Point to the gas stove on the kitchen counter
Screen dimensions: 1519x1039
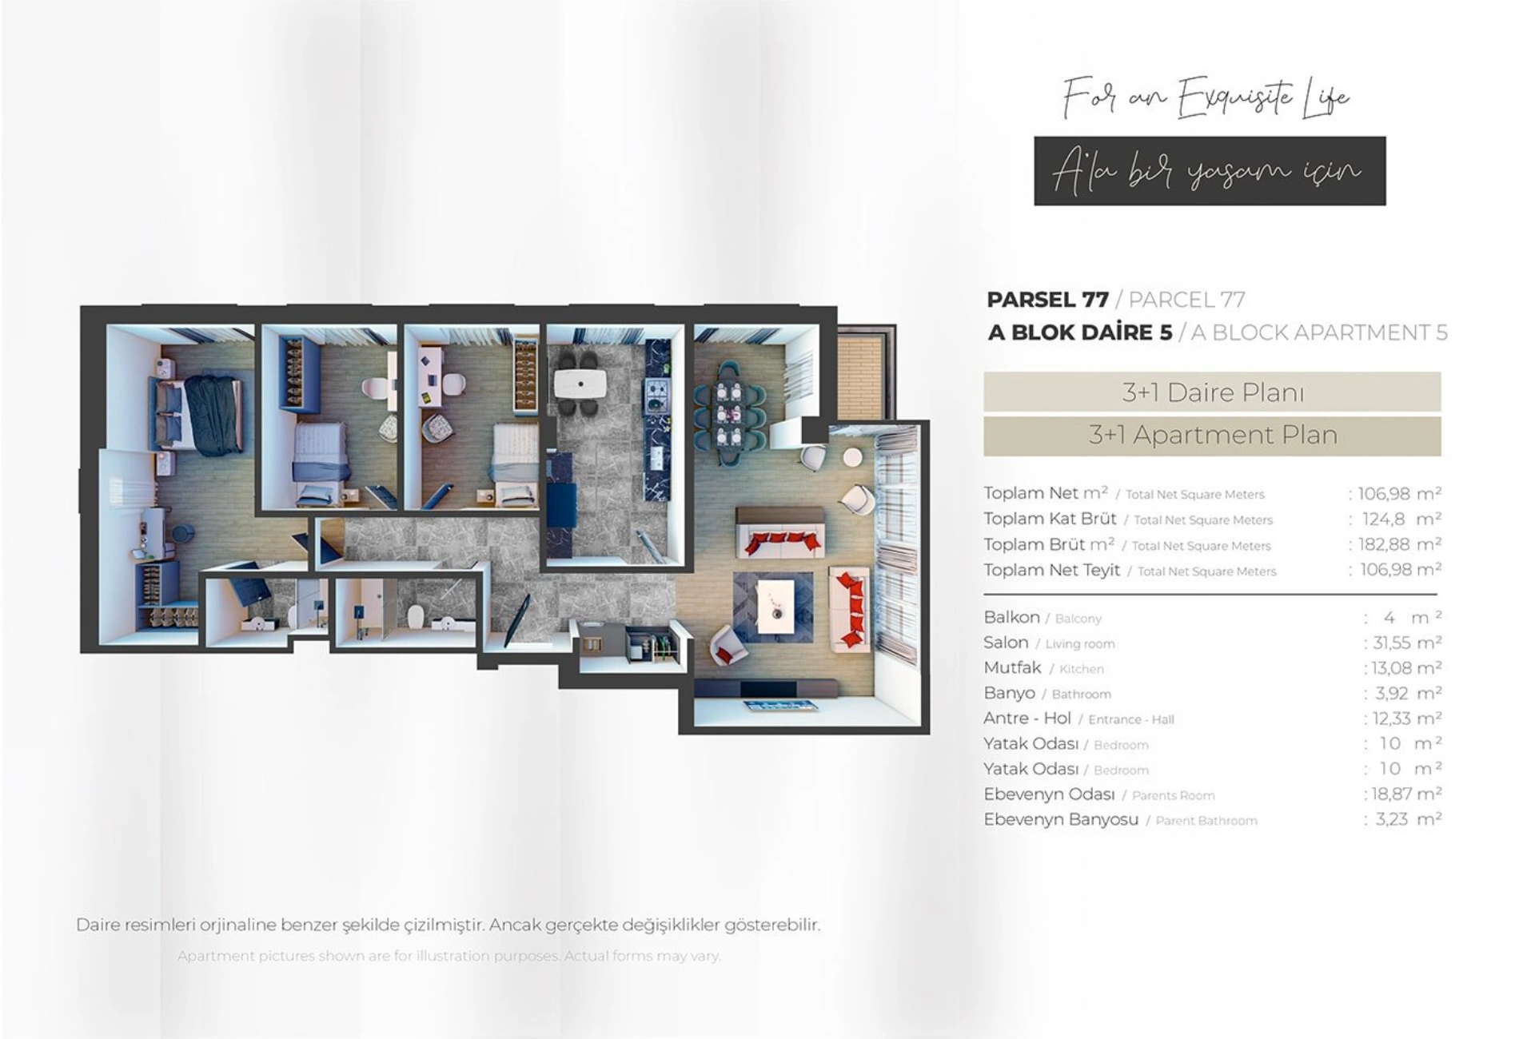click(658, 392)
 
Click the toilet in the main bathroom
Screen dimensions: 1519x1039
click(415, 618)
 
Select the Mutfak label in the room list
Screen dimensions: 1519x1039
click(1012, 667)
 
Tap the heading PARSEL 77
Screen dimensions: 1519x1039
click(1047, 300)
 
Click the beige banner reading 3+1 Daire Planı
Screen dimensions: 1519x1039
click(1212, 392)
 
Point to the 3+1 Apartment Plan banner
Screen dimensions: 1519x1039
click(1212, 436)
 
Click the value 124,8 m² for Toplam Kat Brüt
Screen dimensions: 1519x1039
click(1395, 519)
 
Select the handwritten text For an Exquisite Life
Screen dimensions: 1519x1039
click(1206, 98)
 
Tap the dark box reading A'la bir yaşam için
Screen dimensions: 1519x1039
click(1210, 171)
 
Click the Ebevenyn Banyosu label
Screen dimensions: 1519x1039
click(1061, 819)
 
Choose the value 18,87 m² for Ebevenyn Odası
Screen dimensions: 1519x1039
click(1402, 794)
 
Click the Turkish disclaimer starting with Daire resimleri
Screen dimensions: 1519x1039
click(448, 925)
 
